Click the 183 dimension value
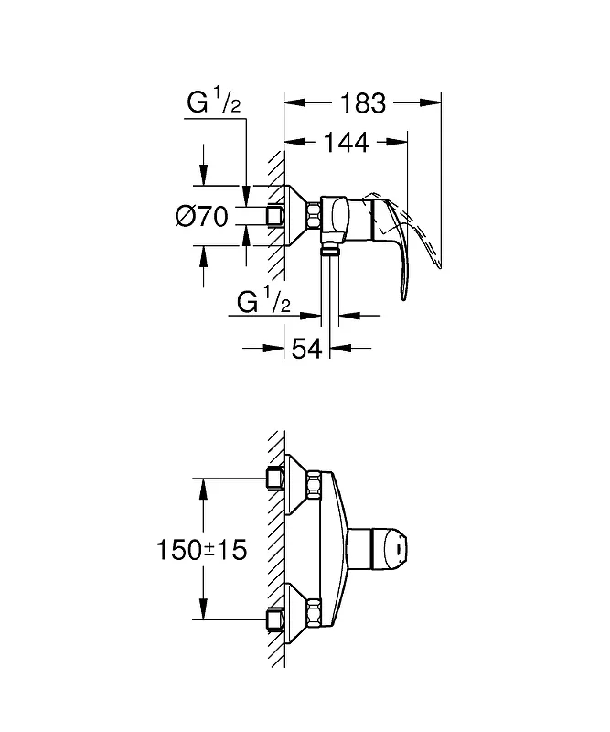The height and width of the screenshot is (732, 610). [363, 103]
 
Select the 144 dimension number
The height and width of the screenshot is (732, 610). [347, 143]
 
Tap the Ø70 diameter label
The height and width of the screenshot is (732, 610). [201, 217]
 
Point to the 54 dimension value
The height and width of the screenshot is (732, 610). [306, 349]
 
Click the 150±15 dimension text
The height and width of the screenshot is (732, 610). [201, 550]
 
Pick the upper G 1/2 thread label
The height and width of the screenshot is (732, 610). [214, 102]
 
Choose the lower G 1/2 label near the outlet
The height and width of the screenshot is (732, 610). [263, 302]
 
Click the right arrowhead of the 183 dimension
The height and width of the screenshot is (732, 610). [431, 102]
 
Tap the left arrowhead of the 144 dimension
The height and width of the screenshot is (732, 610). [295, 142]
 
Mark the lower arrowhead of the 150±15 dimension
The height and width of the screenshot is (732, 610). [203, 609]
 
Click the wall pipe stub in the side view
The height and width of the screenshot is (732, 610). [275, 216]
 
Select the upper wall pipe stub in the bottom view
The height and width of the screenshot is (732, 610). [275, 479]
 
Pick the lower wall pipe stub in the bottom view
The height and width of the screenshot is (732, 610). [275, 620]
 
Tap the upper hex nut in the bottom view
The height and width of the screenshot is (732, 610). [314, 485]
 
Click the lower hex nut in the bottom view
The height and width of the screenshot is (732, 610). [314, 613]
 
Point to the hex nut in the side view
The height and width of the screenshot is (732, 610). [314, 216]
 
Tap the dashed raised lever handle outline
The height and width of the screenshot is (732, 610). [411, 224]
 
